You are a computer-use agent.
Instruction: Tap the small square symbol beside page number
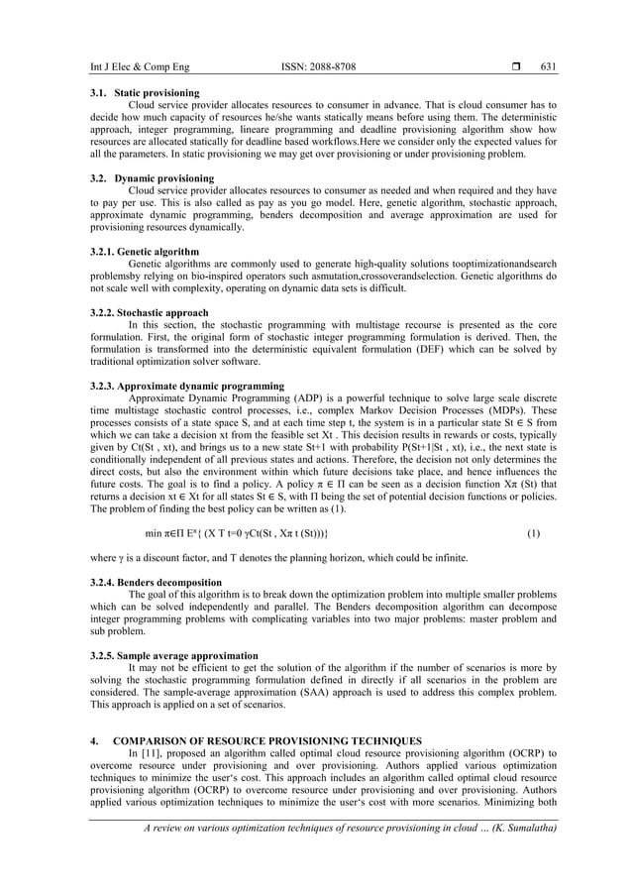pos(516,66)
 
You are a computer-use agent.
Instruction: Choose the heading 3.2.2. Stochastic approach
pos(142,313)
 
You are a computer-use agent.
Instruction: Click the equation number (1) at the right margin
pos(533,532)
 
